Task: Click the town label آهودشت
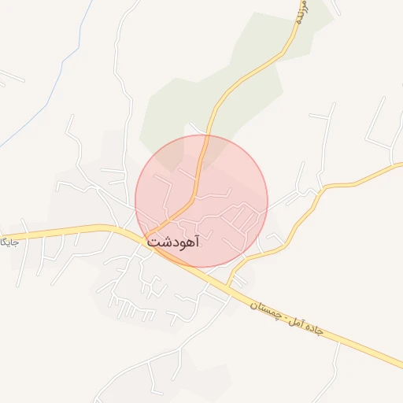click(x=173, y=242)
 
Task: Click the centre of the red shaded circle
click(x=201, y=201)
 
